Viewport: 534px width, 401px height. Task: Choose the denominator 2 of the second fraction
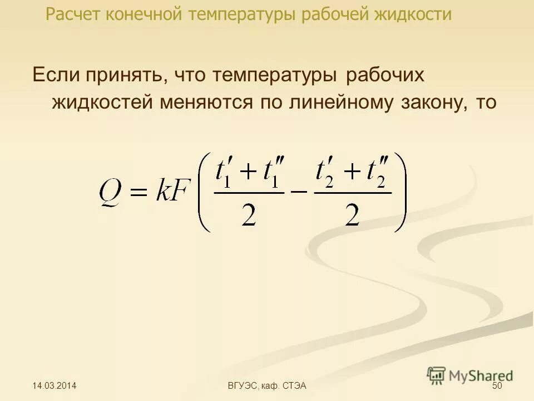point(352,215)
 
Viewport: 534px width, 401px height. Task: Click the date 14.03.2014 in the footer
point(55,386)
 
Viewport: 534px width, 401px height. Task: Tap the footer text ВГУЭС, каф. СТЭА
point(268,386)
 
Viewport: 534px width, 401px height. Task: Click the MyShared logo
point(471,375)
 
